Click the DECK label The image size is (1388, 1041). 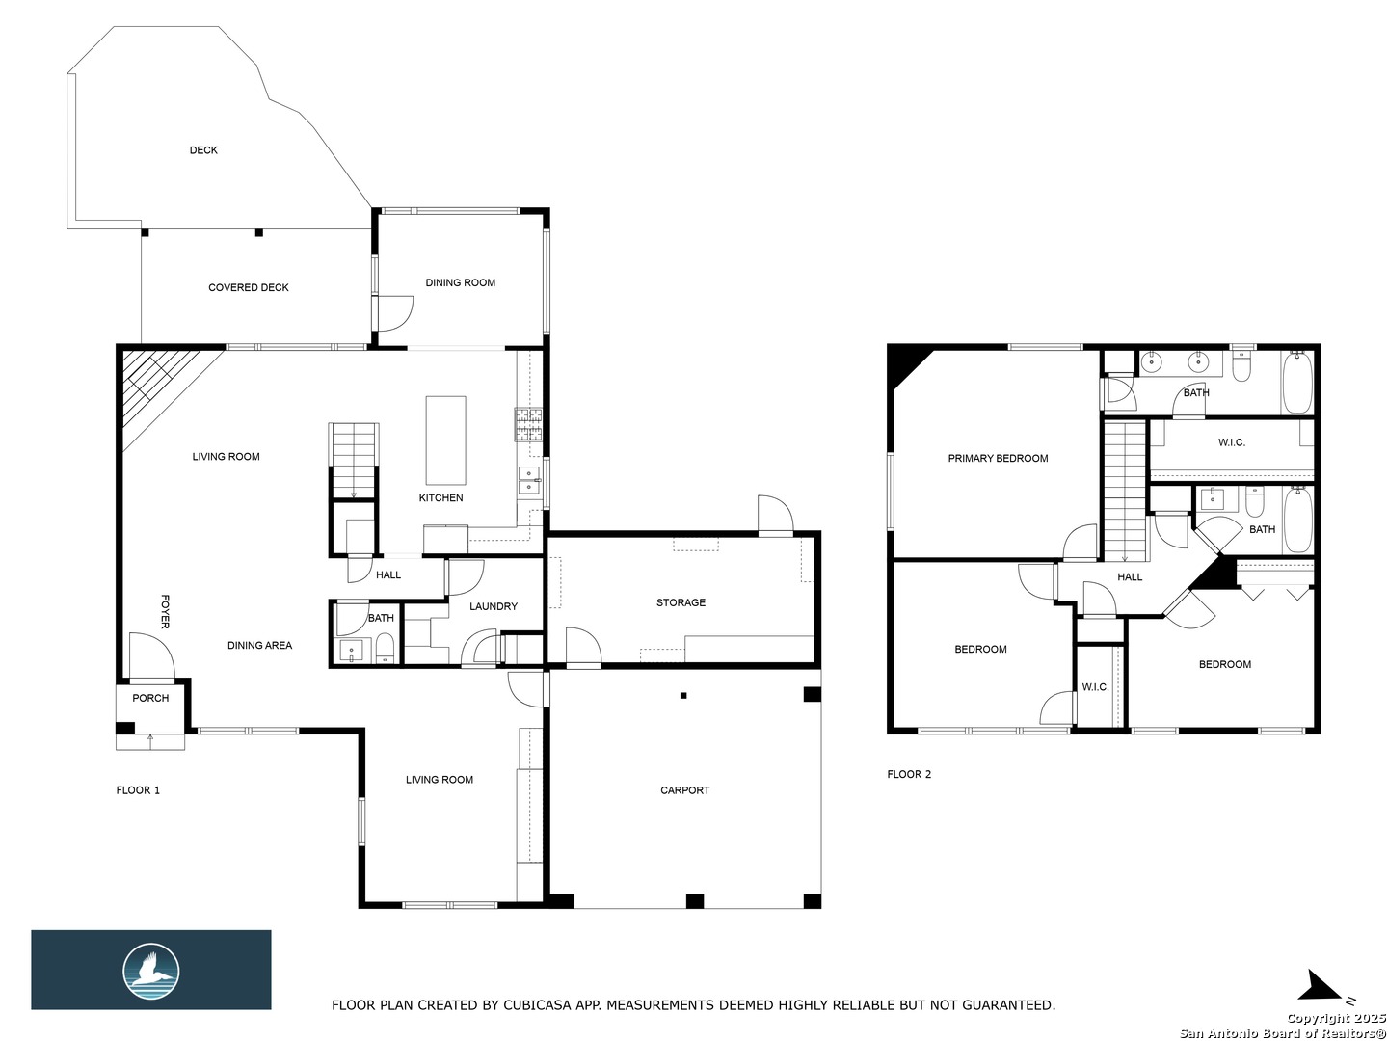tap(203, 149)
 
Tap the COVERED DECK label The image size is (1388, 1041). tap(248, 287)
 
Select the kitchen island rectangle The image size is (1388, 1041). tap(445, 440)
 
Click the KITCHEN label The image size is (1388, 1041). tap(440, 498)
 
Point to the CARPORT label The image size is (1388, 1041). tap(684, 790)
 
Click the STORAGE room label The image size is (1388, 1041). tap(681, 602)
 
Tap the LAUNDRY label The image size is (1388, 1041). tap(494, 606)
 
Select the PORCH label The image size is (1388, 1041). tap(150, 698)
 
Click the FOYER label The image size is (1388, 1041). tap(165, 611)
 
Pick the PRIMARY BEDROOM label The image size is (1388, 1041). tap(998, 458)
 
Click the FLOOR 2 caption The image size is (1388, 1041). tap(909, 774)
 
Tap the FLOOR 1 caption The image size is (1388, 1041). tap(138, 790)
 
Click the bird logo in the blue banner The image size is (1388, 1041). tap(151, 972)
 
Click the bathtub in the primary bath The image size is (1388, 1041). tap(1297, 383)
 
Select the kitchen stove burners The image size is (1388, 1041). tap(528, 425)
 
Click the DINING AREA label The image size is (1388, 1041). tap(259, 646)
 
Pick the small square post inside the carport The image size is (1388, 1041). tap(683, 695)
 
